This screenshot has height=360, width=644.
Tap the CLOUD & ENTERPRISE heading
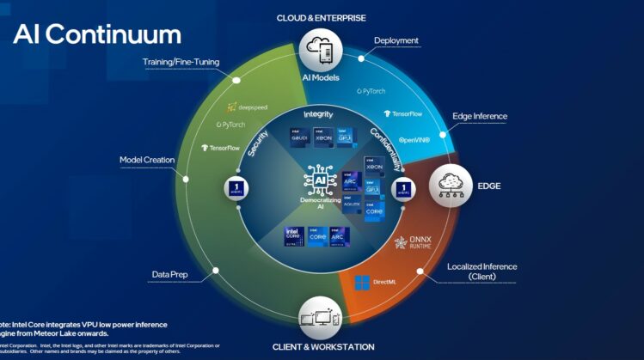322,17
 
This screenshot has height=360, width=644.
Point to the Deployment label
396,40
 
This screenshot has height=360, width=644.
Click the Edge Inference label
480,117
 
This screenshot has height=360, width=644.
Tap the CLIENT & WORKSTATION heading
324,346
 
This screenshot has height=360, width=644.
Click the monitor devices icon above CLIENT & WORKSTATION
323,320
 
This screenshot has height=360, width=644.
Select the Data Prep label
170,275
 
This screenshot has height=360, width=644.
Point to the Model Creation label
147,160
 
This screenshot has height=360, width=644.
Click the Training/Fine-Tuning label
182,62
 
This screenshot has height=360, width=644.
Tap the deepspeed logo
248,108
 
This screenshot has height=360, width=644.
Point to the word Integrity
318,114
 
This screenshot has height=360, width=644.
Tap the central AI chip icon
319,183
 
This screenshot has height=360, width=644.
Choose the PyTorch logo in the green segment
227,125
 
